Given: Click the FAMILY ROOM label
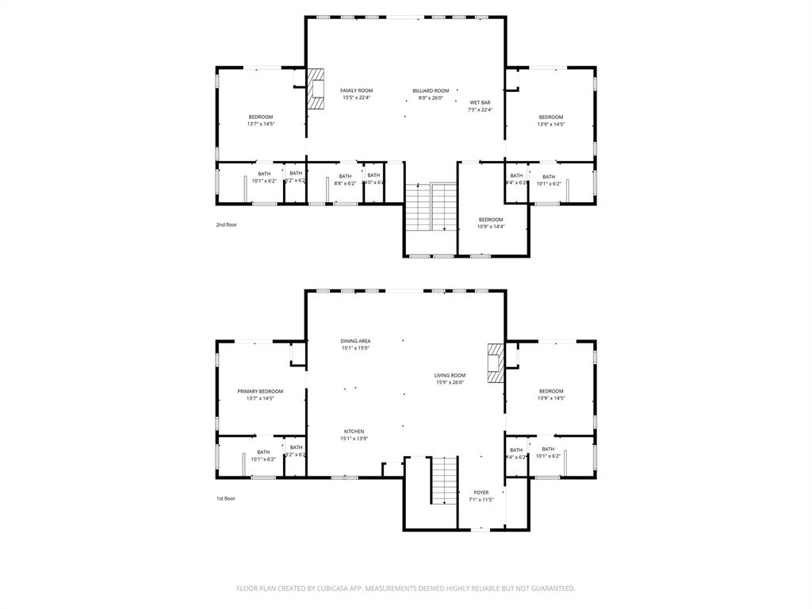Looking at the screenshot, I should pyautogui.click(x=357, y=90).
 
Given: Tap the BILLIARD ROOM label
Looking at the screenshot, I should pyautogui.click(x=431, y=90).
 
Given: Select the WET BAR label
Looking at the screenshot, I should pyautogui.click(x=480, y=102).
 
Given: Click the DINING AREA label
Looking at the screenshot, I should pyautogui.click(x=356, y=340).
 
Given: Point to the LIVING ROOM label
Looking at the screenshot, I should pyautogui.click(x=450, y=375).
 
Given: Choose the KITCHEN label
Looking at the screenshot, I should pyautogui.click(x=354, y=431).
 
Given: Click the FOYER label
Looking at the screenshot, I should pyautogui.click(x=481, y=492).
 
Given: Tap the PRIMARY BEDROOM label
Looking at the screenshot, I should pyautogui.click(x=260, y=391).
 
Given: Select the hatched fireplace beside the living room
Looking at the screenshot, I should pyautogui.click(x=496, y=363).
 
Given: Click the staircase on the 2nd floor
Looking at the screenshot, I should pyautogui.click(x=431, y=207).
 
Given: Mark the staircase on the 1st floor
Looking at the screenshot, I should pyautogui.click(x=444, y=480).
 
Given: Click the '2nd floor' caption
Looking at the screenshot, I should pyautogui.click(x=226, y=224).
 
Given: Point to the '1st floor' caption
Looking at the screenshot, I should pyautogui.click(x=226, y=498).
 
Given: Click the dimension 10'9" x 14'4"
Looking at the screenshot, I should pyautogui.click(x=491, y=227).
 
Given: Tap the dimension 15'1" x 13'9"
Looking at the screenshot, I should pyautogui.click(x=354, y=439).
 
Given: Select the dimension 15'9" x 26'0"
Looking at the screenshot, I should pyautogui.click(x=450, y=382).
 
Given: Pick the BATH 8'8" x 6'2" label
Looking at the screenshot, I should pyautogui.click(x=345, y=179).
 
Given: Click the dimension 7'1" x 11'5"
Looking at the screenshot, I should pyautogui.click(x=481, y=500).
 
